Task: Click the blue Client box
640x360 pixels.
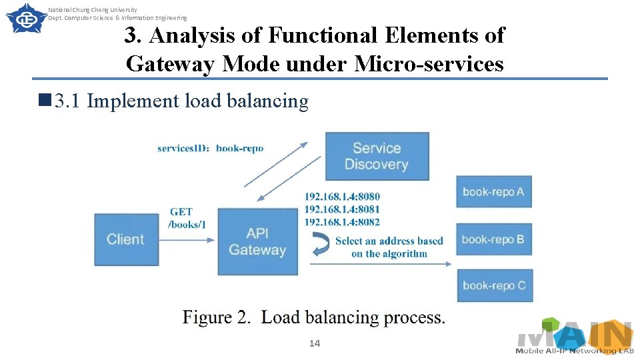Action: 126,239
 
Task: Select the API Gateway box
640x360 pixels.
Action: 257,241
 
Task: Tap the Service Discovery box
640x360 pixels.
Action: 377,156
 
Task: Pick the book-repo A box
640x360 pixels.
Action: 493,192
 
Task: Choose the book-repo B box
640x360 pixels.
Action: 493,239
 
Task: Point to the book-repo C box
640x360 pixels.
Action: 493,285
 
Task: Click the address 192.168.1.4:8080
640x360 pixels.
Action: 342,197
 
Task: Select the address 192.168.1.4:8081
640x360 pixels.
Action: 342,209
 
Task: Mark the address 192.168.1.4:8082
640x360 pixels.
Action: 342,222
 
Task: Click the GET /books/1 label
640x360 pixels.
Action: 186,218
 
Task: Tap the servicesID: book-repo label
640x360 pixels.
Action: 210,148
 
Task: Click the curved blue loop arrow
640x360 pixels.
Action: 321,245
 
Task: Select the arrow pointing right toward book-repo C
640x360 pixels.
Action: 381,264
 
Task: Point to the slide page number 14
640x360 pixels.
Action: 315,343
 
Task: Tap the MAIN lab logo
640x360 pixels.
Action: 574,337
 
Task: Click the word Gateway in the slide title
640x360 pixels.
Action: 171,64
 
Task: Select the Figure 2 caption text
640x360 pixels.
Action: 314,317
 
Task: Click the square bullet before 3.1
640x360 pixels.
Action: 45,101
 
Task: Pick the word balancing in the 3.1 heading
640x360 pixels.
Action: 267,101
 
